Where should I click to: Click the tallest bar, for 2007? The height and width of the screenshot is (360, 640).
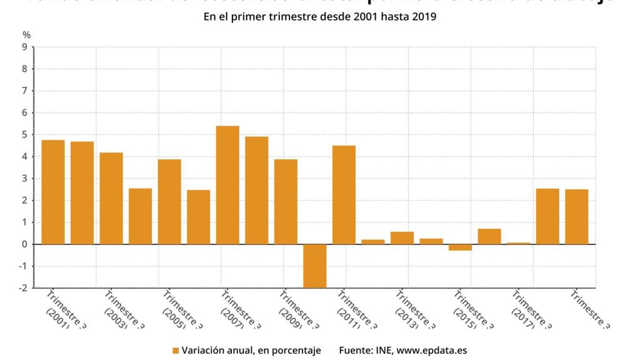(227, 185)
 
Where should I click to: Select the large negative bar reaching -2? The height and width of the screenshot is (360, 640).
(315, 266)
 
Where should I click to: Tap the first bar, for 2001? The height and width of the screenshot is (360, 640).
(53, 192)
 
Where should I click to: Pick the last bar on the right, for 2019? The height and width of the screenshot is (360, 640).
(576, 216)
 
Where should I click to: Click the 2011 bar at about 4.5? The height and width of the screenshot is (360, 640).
(344, 194)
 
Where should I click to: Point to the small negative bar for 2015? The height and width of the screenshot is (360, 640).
(460, 247)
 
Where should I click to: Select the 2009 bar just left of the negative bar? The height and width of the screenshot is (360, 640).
(286, 201)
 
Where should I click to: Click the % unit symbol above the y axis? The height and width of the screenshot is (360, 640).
(26, 34)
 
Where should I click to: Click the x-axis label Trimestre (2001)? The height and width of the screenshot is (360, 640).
(64, 308)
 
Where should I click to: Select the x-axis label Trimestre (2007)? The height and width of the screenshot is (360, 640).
(239, 308)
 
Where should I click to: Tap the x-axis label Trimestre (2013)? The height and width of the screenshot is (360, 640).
(415, 308)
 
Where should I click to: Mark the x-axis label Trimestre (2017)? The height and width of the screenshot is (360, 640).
(531, 308)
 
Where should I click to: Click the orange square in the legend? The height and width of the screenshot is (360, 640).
(176, 351)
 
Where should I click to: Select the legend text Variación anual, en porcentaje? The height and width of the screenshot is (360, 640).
(251, 351)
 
